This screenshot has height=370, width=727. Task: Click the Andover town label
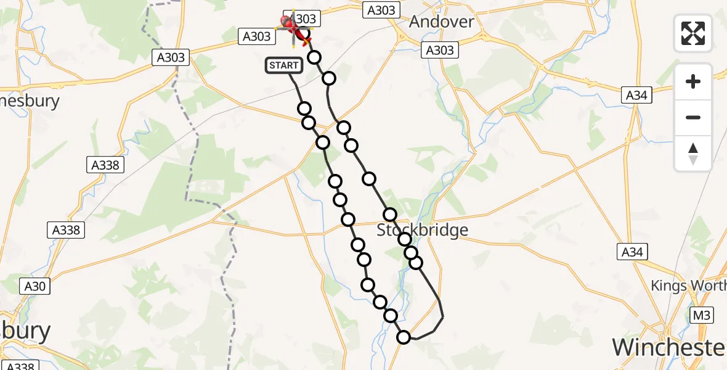click(x=442, y=22)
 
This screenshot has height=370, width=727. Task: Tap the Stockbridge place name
click(x=423, y=230)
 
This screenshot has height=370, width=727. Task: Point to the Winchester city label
click(x=669, y=347)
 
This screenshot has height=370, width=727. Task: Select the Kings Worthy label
click(x=689, y=286)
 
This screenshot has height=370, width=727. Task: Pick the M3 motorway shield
click(x=702, y=314)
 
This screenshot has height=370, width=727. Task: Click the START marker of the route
click(x=283, y=65)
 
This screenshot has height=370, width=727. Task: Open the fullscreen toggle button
click(x=693, y=33)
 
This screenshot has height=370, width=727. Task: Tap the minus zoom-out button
click(x=693, y=117)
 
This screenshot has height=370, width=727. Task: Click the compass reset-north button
click(x=693, y=154)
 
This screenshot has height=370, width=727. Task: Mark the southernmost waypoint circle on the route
click(x=404, y=337)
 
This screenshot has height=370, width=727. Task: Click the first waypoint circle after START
click(x=304, y=109)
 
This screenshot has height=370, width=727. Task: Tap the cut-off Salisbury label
click(x=25, y=332)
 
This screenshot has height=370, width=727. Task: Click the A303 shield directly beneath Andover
click(x=440, y=51)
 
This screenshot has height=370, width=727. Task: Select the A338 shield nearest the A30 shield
click(x=65, y=230)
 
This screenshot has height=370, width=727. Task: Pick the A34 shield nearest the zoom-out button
click(x=636, y=95)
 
